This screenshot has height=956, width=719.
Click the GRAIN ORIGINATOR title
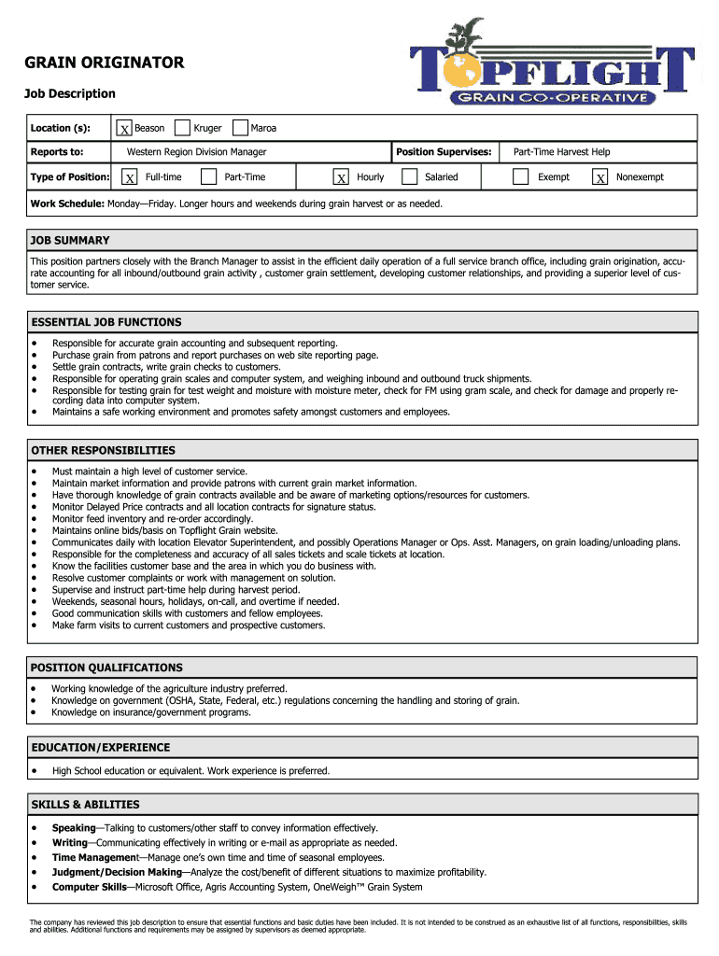pyautogui.click(x=104, y=63)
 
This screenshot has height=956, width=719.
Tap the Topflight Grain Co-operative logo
pyautogui.click(x=554, y=65)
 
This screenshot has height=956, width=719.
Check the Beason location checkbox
pyautogui.click(x=123, y=129)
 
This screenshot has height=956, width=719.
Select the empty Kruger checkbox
pyautogui.click(x=183, y=128)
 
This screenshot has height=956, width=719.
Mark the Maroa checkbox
pyautogui.click(x=240, y=128)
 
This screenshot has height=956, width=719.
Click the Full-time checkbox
pyautogui.click(x=130, y=177)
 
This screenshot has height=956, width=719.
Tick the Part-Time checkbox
pyautogui.click(x=209, y=176)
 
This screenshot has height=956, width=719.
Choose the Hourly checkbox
pyautogui.click(x=342, y=177)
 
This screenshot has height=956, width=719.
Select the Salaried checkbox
pyautogui.click(x=409, y=176)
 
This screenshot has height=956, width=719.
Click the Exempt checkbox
pyautogui.click(x=521, y=176)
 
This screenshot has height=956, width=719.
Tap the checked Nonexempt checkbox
pyautogui.click(x=600, y=177)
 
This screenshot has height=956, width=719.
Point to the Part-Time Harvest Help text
pyautogui.click(x=562, y=152)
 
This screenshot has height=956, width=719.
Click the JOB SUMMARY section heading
pyautogui.click(x=70, y=240)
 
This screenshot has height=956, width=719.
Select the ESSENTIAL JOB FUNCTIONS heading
pyautogui.click(x=106, y=322)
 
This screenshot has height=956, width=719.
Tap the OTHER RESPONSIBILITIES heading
pyautogui.click(x=103, y=450)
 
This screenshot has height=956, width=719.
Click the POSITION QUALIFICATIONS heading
pyautogui.click(x=106, y=668)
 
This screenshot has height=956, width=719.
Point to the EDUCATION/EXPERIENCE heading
pyautogui.click(x=101, y=747)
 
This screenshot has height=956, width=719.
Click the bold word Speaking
pyautogui.click(x=74, y=828)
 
